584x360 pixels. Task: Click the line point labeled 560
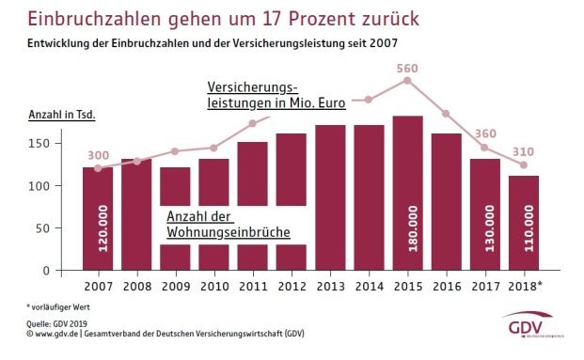[407, 81]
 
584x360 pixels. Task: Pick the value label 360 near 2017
[484, 133]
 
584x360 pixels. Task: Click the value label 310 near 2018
[524, 151]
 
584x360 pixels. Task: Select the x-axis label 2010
[214, 287]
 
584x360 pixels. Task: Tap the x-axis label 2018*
[525, 287]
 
